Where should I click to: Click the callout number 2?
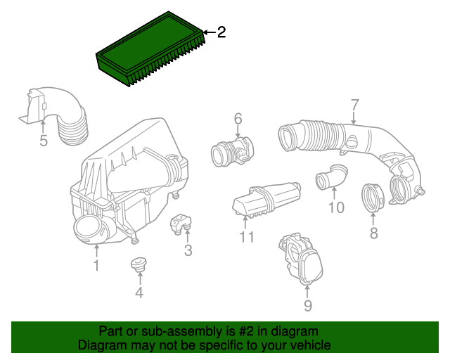tap(221, 32)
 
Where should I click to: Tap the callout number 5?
tap(43, 141)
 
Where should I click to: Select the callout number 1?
tap(96, 266)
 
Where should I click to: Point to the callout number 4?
tap(139, 292)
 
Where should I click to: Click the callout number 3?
tap(188, 250)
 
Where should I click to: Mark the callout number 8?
tap(373, 233)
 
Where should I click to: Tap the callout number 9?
tap(307, 305)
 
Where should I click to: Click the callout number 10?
tap(336, 207)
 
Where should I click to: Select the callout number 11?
tap(245, 237)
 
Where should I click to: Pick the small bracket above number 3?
tap(182, 222)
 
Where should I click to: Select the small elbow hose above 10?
tap(330, 176)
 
